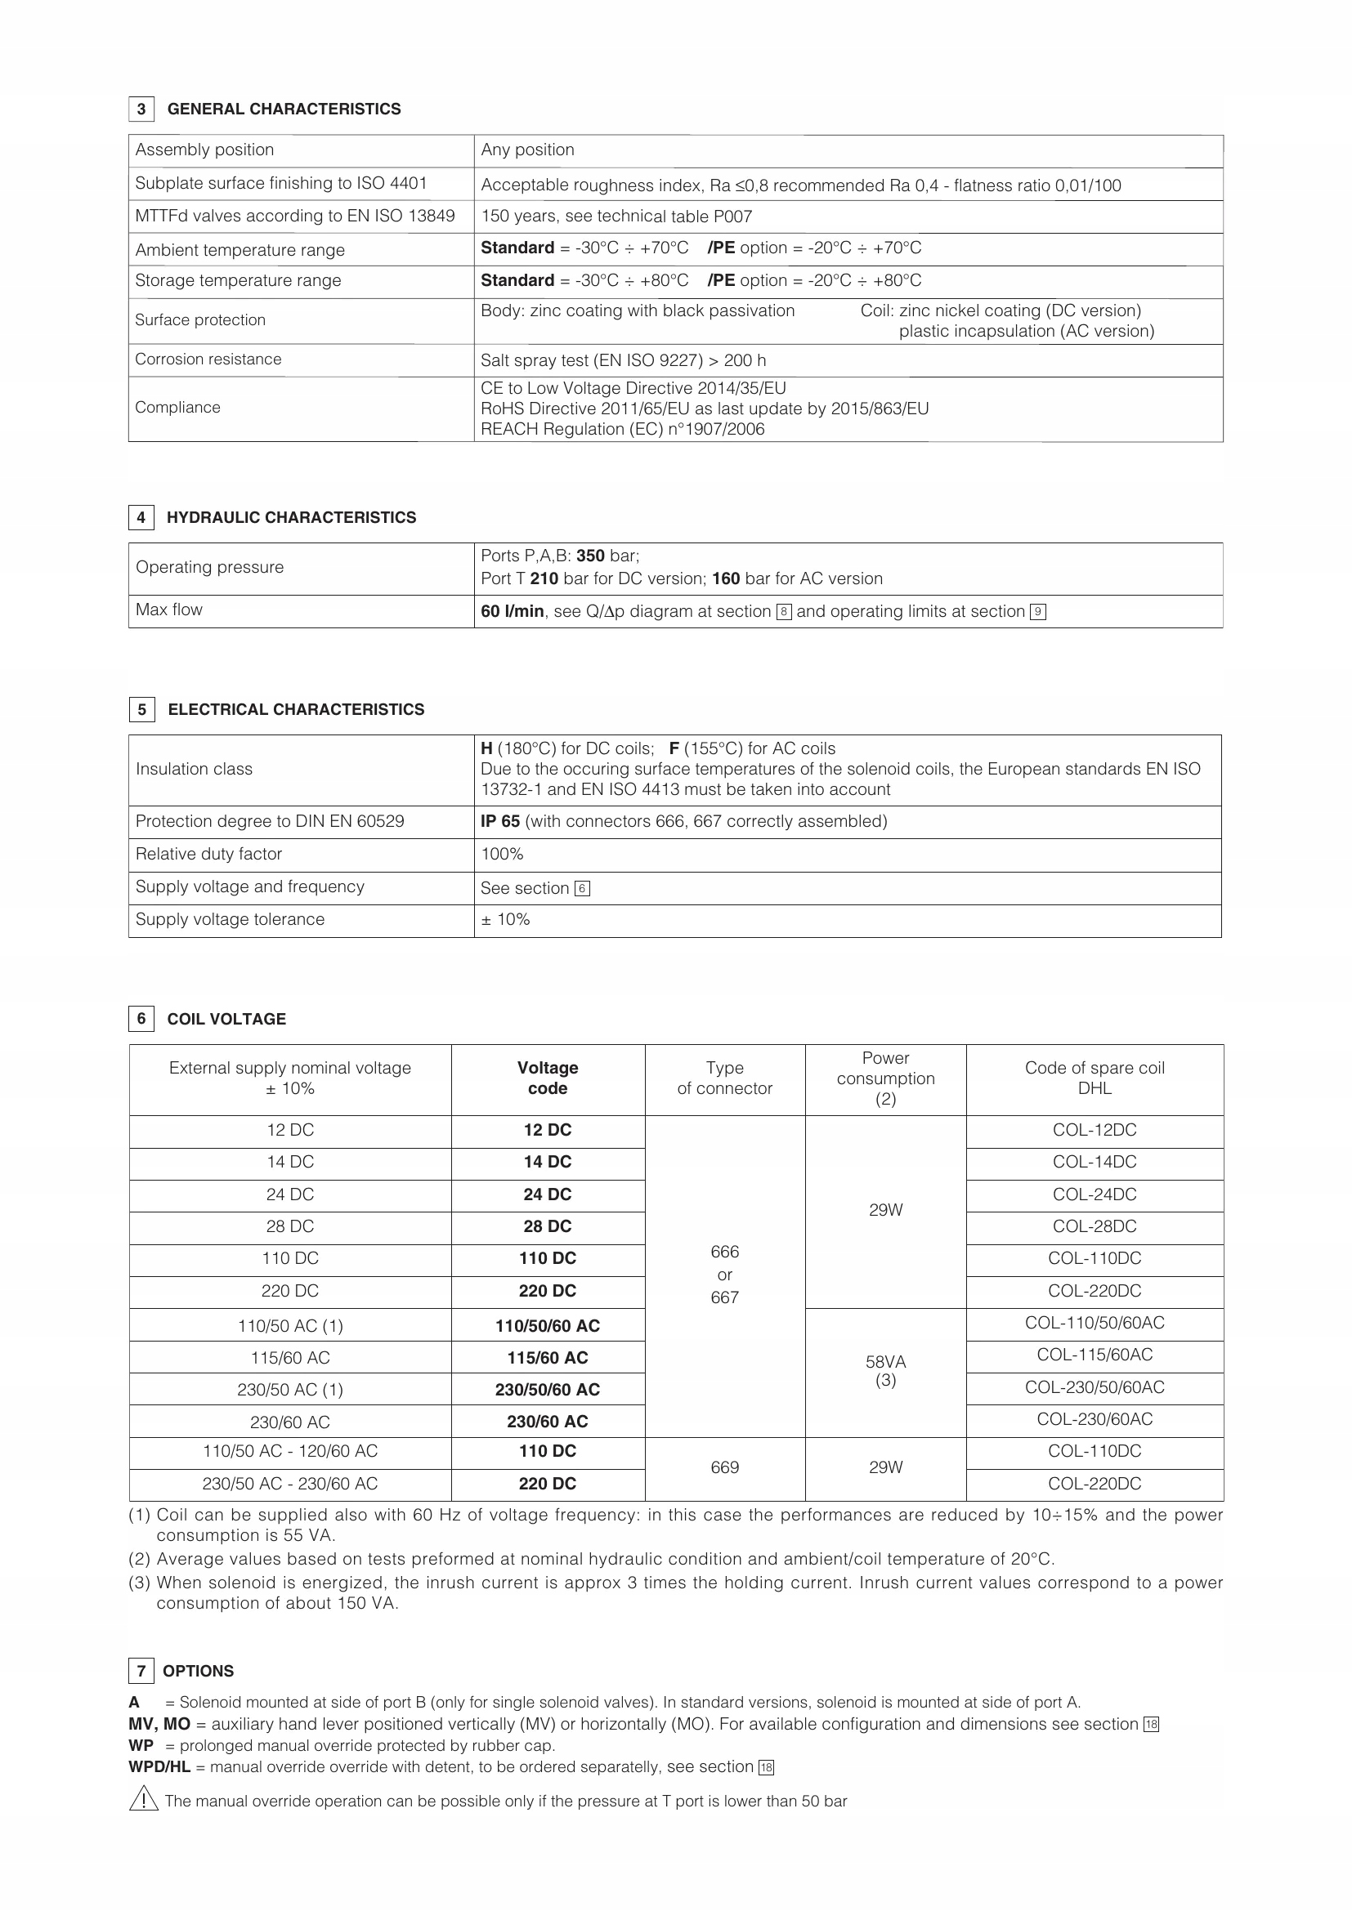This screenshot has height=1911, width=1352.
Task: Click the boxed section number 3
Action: point(141,109)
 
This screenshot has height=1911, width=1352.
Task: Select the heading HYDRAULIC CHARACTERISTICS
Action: point(291,518)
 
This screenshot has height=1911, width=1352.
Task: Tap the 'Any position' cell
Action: point(528,150)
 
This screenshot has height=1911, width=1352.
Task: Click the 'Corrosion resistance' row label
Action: point(208,359)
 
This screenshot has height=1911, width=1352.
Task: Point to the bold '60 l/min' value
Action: point(512,612)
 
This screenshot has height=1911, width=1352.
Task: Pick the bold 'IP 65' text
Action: point(500,821)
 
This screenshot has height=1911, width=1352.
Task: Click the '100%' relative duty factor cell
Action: point(502,854)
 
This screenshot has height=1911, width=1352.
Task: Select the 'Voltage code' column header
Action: point(548,1078)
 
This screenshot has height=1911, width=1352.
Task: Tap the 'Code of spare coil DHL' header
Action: point(1094,1078)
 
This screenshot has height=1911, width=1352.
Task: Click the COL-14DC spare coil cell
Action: point(1094,1162)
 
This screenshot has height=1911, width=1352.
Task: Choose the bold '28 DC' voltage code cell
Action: point(548,1227)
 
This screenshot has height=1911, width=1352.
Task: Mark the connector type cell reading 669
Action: point(724,1467)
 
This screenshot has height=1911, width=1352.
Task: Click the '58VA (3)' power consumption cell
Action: point(885,1371)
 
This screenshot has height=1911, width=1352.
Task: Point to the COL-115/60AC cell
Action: point(1094,1355)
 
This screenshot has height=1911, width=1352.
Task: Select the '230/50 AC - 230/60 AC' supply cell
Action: point(289,1484)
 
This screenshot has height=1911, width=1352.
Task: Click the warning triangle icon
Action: point(143,1802)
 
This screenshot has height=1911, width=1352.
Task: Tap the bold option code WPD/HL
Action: point(160,1767)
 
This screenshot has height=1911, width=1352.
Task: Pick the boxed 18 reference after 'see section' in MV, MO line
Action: point(1152,1725)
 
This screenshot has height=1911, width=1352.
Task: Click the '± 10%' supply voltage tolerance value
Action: point(505,920)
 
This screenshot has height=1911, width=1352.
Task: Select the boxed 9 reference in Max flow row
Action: point(1037,613)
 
